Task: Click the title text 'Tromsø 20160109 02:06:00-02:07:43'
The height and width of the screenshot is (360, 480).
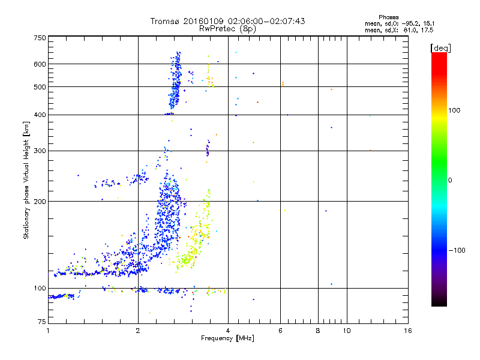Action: pyautogui.click(x=227, y=21)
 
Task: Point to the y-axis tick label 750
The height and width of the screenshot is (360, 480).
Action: pyautogui.click(x=40, y=38)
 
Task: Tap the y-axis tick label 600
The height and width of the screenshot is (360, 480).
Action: pyautogui.click(x=40, y=64)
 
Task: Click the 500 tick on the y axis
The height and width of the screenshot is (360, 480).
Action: pyautogui.click(x=40, y=87)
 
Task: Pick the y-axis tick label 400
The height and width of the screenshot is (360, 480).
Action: pyautogui.click(x=40, y=115)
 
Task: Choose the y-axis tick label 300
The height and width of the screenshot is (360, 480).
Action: pyautogui.click(x=40, y=151)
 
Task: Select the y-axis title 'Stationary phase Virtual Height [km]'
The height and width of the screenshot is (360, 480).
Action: pyautogui.click(x=26, y=180)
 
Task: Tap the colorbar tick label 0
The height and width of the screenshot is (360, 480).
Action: pyautogui.click(x=451, y=180)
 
